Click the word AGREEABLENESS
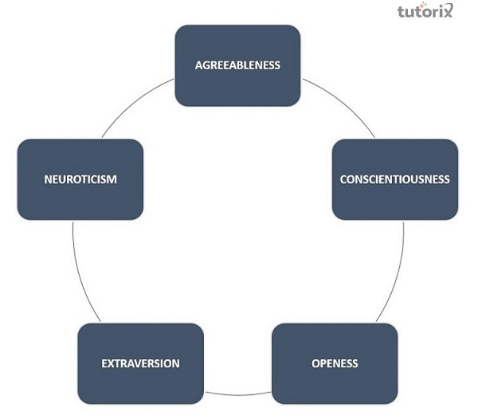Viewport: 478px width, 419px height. point(237,65)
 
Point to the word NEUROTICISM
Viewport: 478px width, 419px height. point(80,179)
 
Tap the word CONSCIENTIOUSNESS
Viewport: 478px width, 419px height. point(394,179)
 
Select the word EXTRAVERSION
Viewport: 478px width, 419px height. point(140,363)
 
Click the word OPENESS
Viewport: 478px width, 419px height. point(335,363)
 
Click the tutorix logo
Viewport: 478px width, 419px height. point(425,12)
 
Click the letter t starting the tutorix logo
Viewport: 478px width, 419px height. point(401,12)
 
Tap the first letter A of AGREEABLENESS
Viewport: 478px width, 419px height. point(198,65)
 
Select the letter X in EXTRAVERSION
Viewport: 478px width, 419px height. point(110,363)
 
